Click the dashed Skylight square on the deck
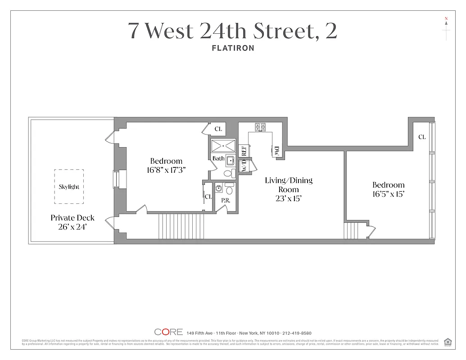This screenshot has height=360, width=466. coord(69,186)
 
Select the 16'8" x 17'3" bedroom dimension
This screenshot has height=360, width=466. coord(166,170)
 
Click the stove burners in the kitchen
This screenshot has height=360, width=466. coord(260,127)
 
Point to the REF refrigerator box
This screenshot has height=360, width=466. coord(244,150)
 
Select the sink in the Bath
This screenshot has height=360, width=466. coord(230,160)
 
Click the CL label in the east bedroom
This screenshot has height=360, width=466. coord(422,137)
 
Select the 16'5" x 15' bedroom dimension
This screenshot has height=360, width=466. coord(388,194)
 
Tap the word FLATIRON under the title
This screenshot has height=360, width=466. coord(233,48)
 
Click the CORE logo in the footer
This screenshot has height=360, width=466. coord(168,332)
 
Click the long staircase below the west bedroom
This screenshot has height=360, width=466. coord(182,227)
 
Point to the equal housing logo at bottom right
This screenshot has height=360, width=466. coord(448,341)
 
